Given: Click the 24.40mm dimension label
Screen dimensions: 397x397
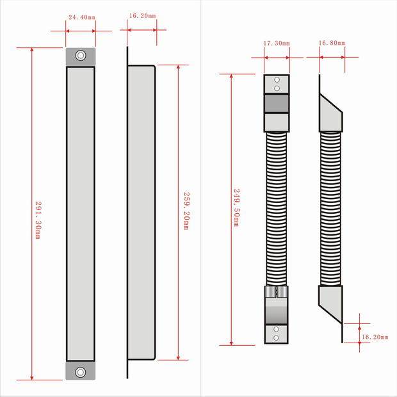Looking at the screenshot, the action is tap(82, 17).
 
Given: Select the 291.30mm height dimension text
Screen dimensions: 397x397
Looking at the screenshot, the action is tap(38, 220).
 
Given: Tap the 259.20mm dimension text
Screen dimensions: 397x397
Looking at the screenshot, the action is tap(186, 211).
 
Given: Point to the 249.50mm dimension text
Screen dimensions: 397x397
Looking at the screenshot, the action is tap(236, 207).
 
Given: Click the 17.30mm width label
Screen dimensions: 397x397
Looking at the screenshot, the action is tap(277, 44).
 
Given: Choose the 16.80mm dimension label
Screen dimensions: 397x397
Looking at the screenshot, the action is tap(332, 43).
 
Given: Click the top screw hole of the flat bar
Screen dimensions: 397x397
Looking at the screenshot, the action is tap(81, 56).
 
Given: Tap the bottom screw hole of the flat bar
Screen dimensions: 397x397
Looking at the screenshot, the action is tap(81, 372).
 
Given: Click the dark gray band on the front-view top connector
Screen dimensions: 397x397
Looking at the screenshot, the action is tap(277, 103).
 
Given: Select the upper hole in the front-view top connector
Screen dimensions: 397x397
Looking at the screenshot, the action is tap(277, 80).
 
